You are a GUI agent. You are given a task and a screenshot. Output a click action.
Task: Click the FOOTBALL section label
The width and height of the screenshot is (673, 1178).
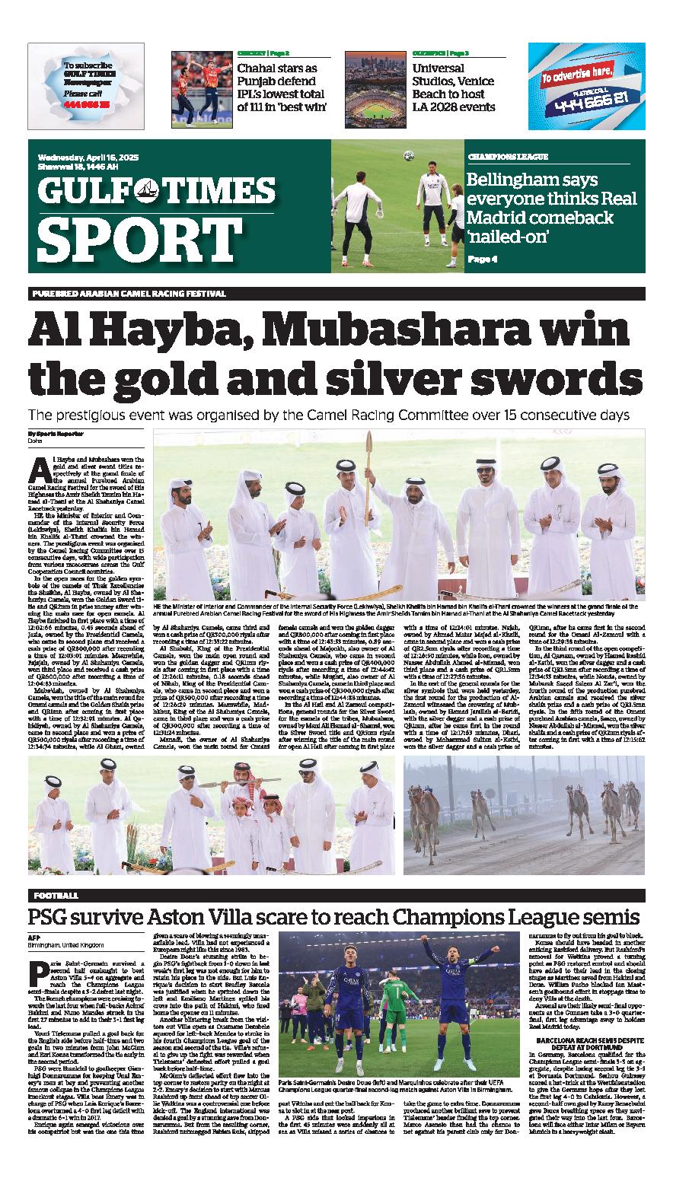(56, 896)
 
